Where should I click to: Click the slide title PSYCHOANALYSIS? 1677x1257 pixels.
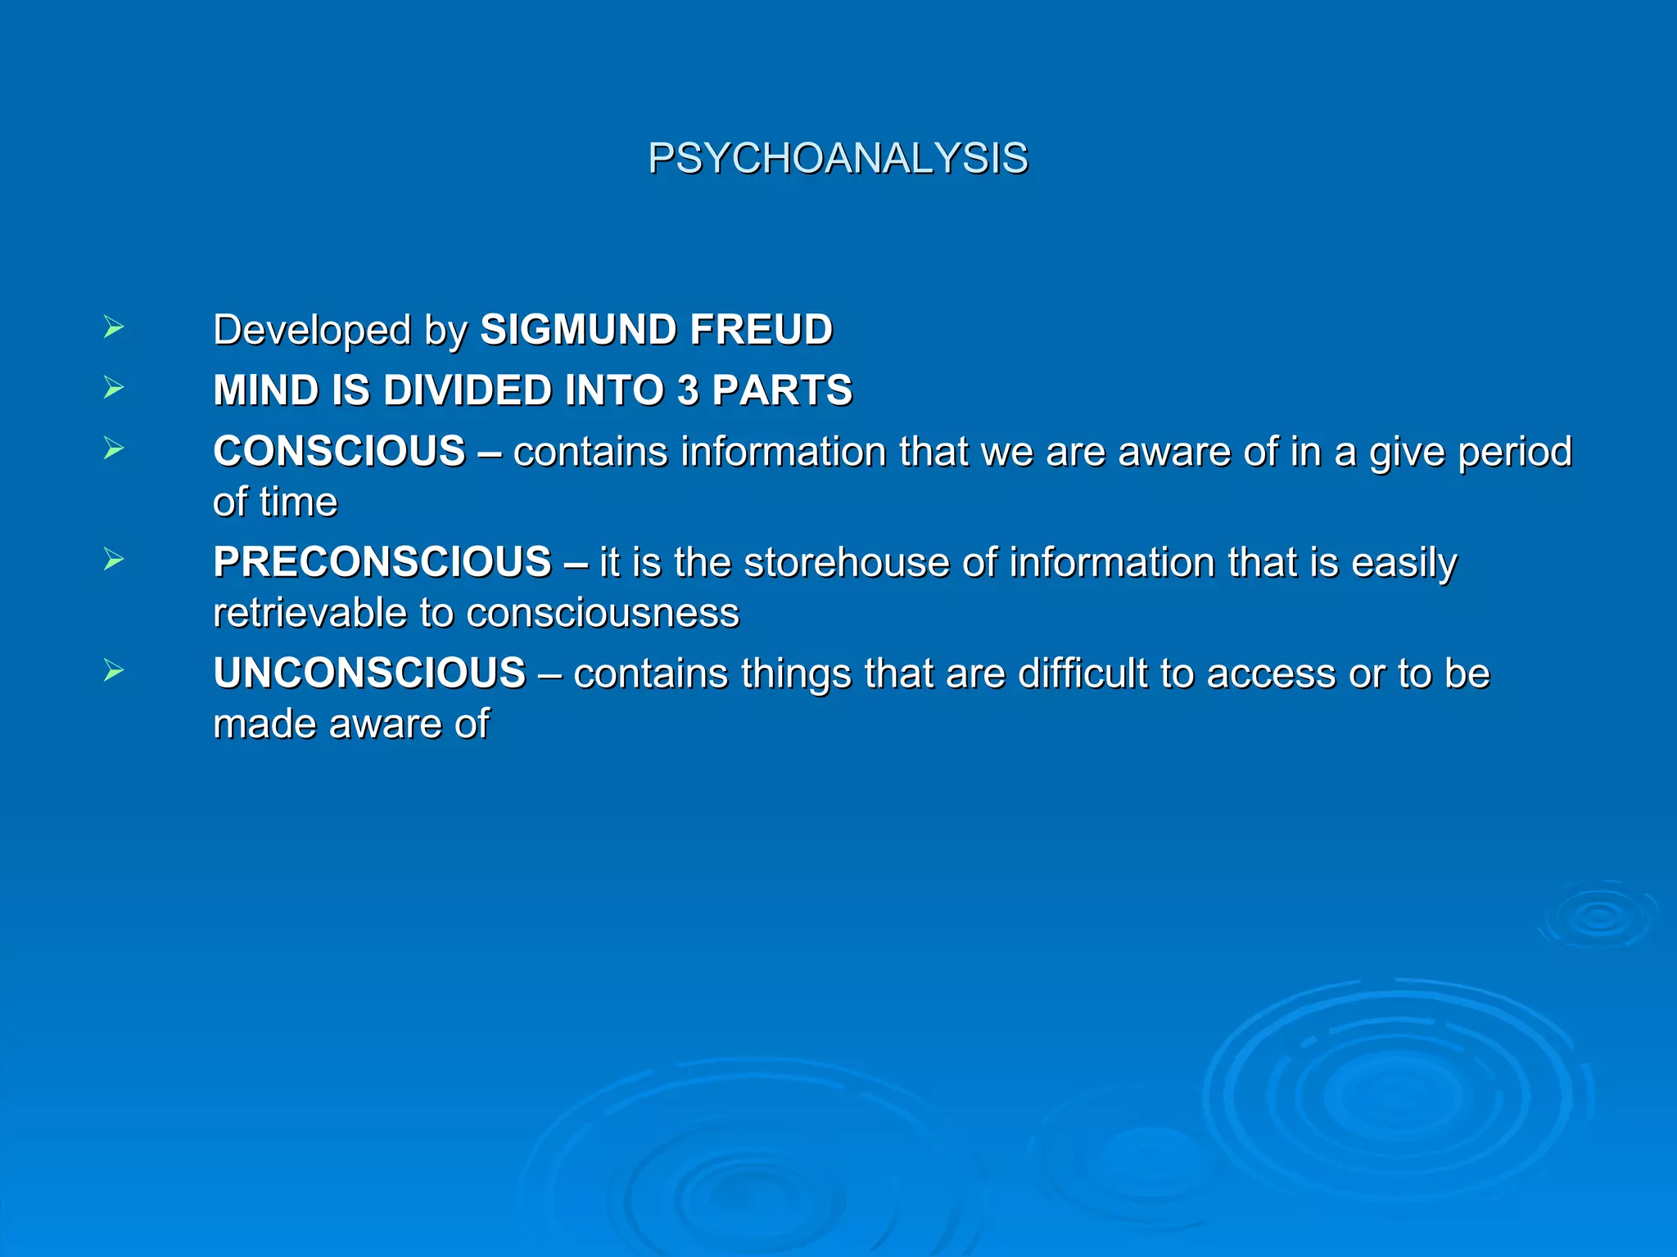tap(838, 158)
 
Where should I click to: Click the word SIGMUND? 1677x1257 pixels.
tap(577, 330)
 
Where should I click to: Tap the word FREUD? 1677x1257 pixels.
tap(761, 330)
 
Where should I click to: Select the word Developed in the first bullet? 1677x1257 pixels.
tap(312, 331)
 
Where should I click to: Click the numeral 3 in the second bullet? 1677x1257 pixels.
tap(688, 390)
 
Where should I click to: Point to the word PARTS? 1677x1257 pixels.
tap(782, 390)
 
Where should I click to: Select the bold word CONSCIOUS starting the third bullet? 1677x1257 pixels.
tap(339, 452)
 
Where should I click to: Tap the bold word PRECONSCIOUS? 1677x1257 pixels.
tap(382, 562)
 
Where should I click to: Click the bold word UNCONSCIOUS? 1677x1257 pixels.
tap(369, 674)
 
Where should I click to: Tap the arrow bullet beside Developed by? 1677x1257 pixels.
tap(114, 328)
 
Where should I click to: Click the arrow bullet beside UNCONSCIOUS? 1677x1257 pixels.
tap(114, 672)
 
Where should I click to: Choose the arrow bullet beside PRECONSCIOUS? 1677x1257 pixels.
tap(114, 561)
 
